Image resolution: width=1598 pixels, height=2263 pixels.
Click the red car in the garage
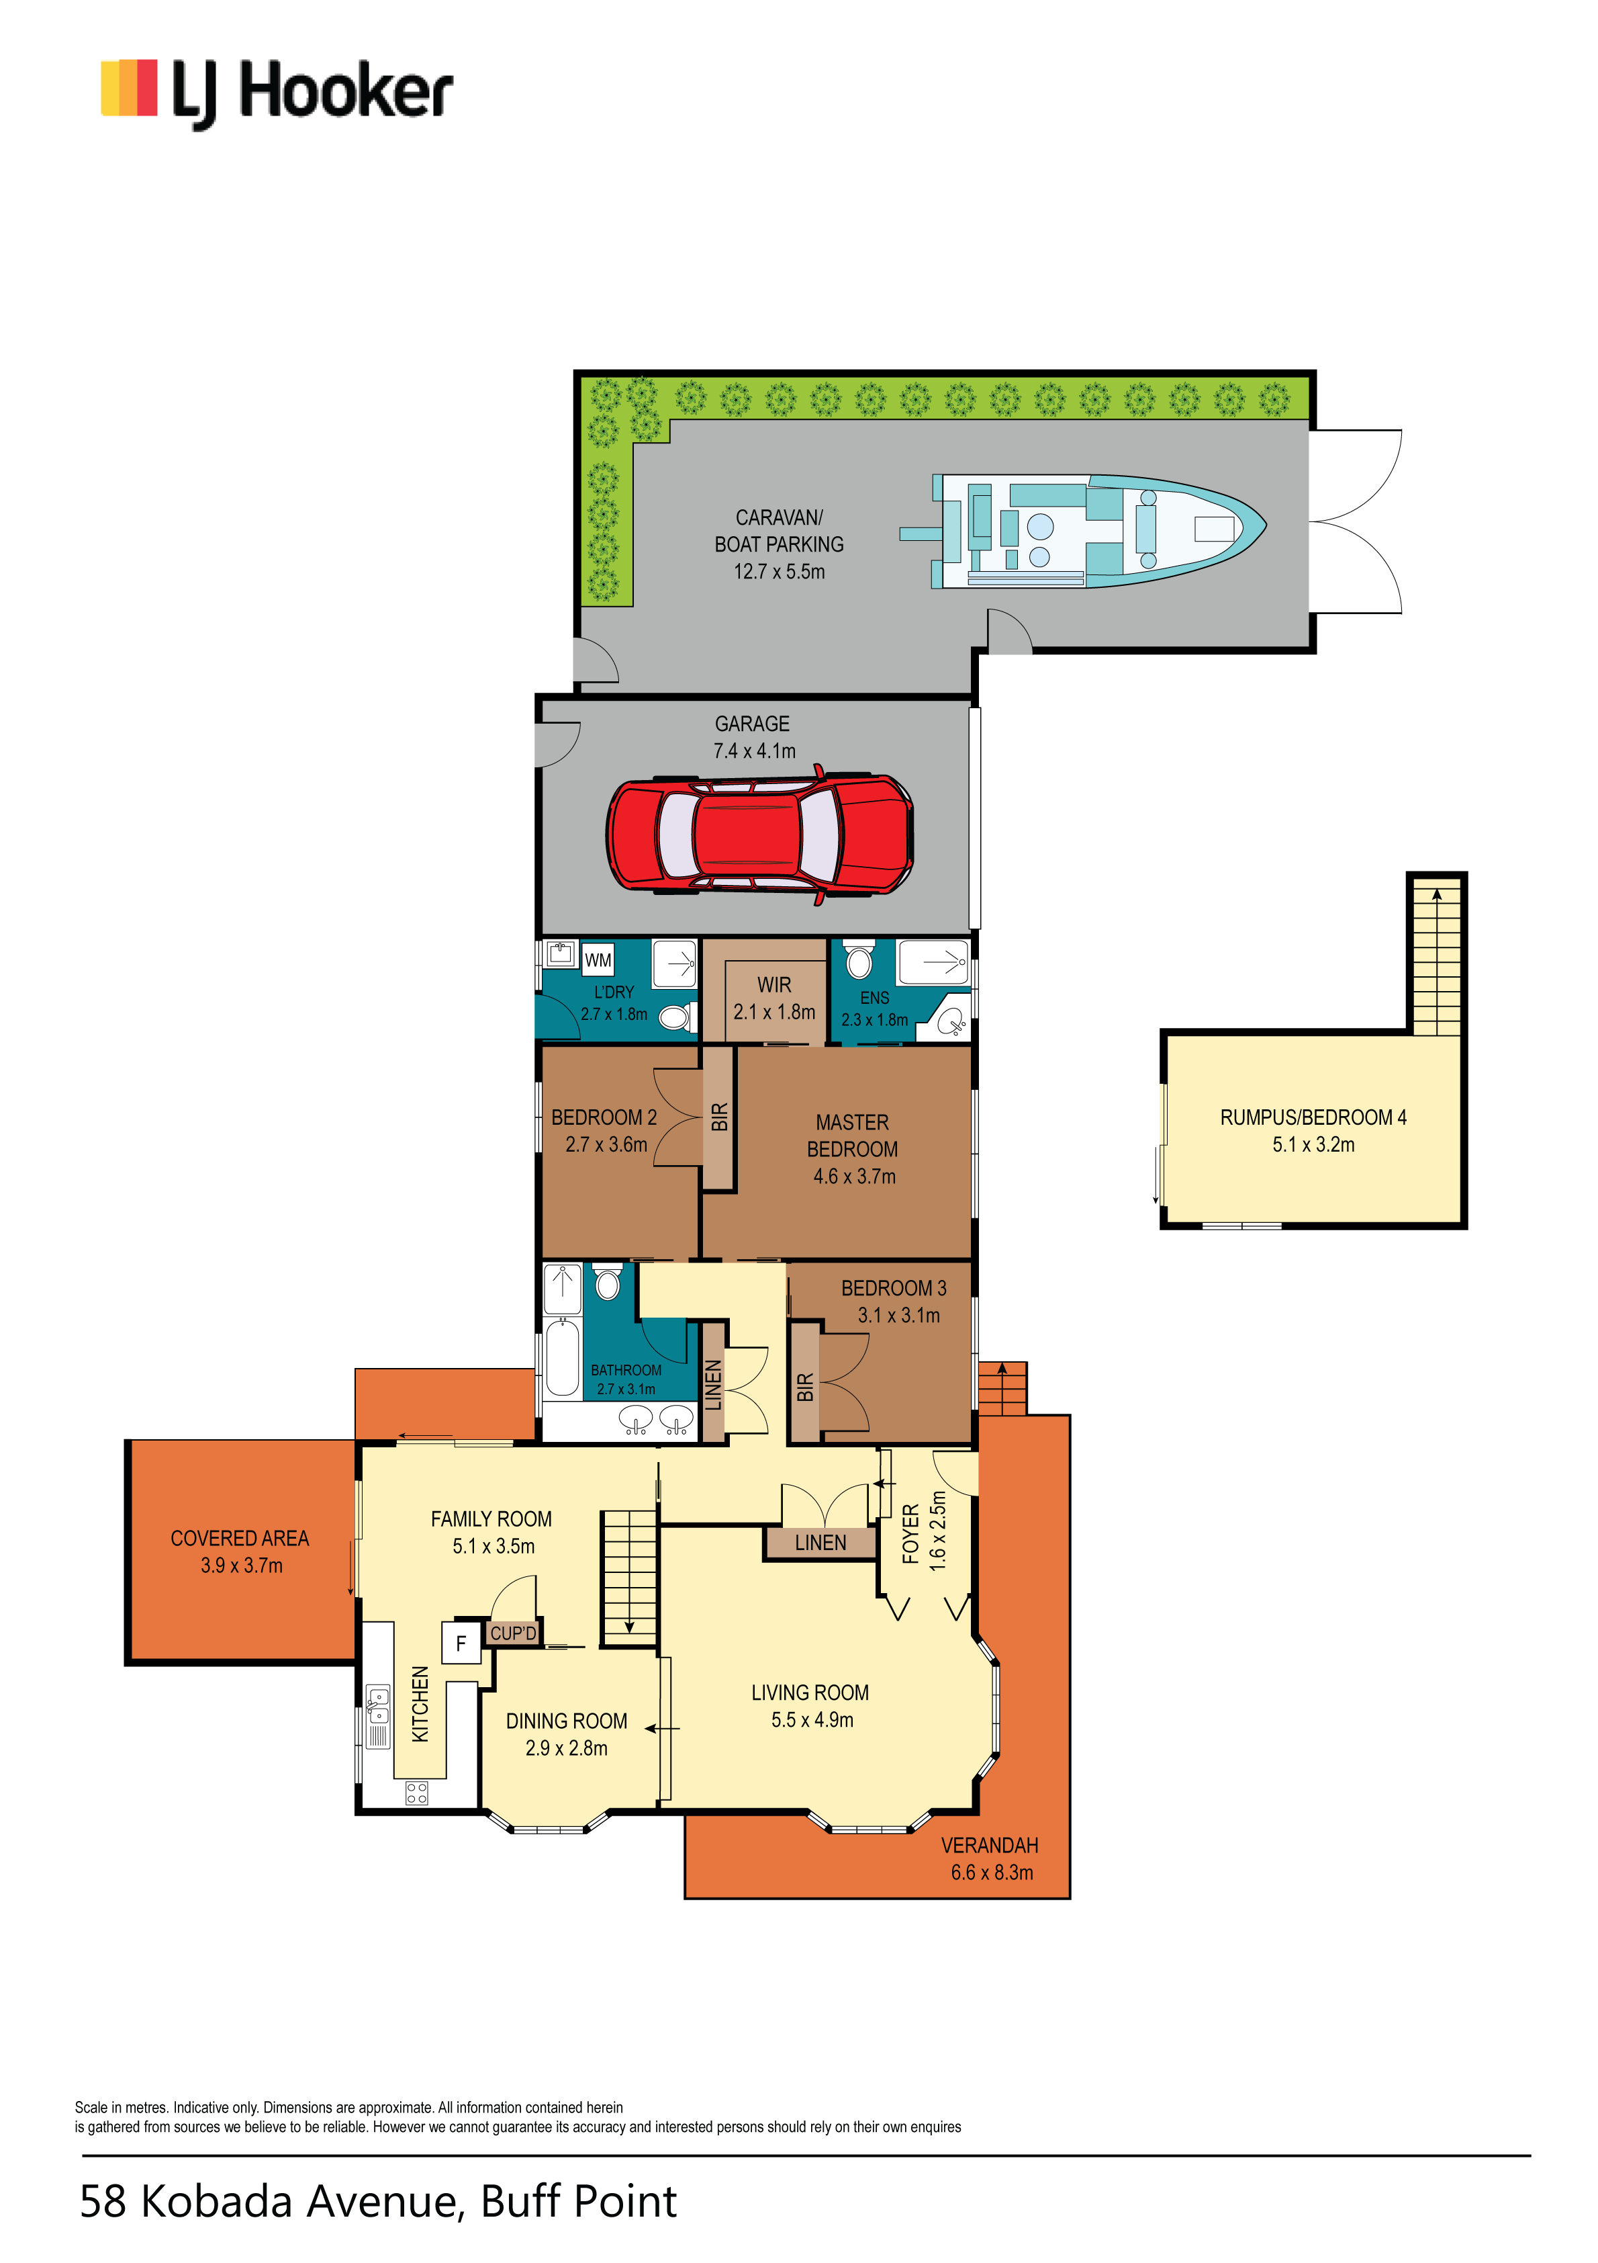(x=759, y=834)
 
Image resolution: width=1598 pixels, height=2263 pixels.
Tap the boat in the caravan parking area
(x=1084, y=531)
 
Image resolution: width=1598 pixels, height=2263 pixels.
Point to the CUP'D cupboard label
(x=513, y=1633)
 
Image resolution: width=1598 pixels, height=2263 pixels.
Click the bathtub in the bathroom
(x=563, y=1358)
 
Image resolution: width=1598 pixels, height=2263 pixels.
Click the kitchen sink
(x=377, y=1706)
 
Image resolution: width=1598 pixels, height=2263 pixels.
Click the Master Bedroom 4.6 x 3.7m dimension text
(x=854, y=1176)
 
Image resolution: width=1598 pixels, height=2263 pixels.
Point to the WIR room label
(x=774, y=984)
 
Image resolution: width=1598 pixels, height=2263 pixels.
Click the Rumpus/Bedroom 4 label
(x=1313, y=1117)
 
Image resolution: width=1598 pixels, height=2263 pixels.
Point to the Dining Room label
(x=567, y=1721)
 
